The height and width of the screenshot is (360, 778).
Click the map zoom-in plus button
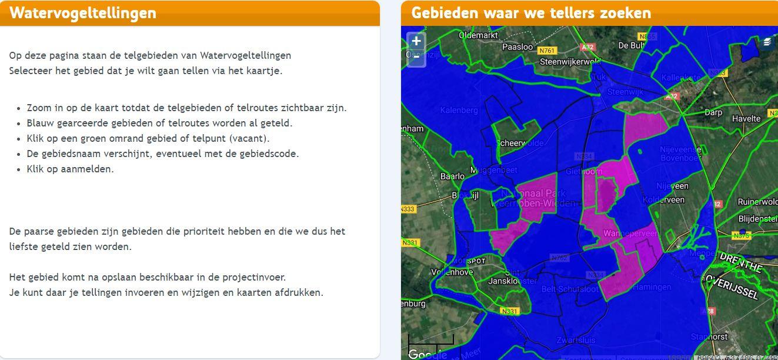tap(416, 41)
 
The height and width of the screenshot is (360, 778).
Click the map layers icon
tap(767, 42)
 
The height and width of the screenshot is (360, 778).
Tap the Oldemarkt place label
tap(478, 35)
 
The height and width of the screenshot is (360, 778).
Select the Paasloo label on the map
tap(517, 47)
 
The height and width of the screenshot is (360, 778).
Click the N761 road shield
tap(547, 51)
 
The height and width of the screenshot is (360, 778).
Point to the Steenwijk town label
tap(626, 92)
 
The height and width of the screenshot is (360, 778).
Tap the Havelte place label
tap(746, 118)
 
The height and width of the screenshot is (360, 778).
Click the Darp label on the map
tap(713, 112)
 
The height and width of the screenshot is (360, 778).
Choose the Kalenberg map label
tap(459, 110)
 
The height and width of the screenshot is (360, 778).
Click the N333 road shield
tap(408, 209)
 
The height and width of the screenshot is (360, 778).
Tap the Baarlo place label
tap(452, 176)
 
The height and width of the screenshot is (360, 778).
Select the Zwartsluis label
tap(576, 340)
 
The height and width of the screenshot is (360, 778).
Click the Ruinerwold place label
tap(757, 202)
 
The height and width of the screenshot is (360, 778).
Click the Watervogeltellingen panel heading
tap(83, 13)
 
